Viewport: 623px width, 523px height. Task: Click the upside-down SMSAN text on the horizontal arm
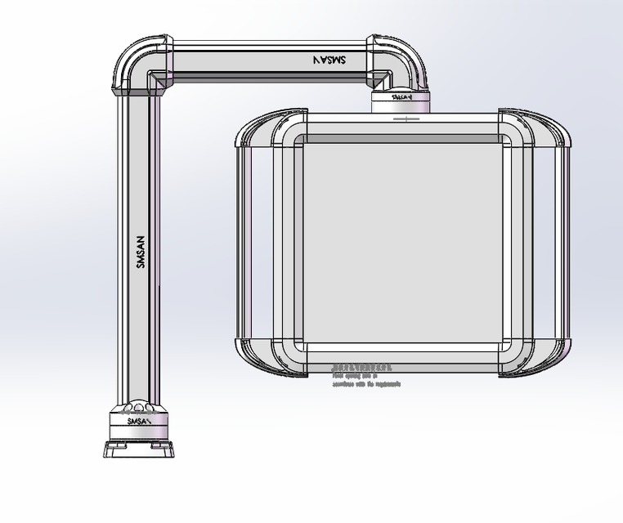click(329, 60)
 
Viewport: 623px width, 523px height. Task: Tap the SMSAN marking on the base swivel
click(139, 422)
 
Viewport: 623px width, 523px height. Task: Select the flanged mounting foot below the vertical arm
click(137, 449)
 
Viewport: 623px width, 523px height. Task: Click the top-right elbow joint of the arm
click(399, 60)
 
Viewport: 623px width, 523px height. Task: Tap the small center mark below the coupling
click(406, 118)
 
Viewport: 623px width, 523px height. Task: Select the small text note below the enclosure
click(365, 377)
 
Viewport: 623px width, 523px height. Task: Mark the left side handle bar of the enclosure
click(244, 244)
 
